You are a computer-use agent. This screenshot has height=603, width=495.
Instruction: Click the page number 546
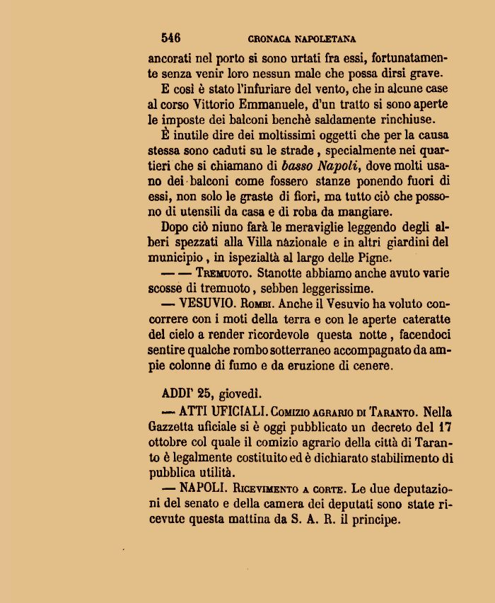(170, 38)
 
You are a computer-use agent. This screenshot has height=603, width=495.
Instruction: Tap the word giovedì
(239, 395)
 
